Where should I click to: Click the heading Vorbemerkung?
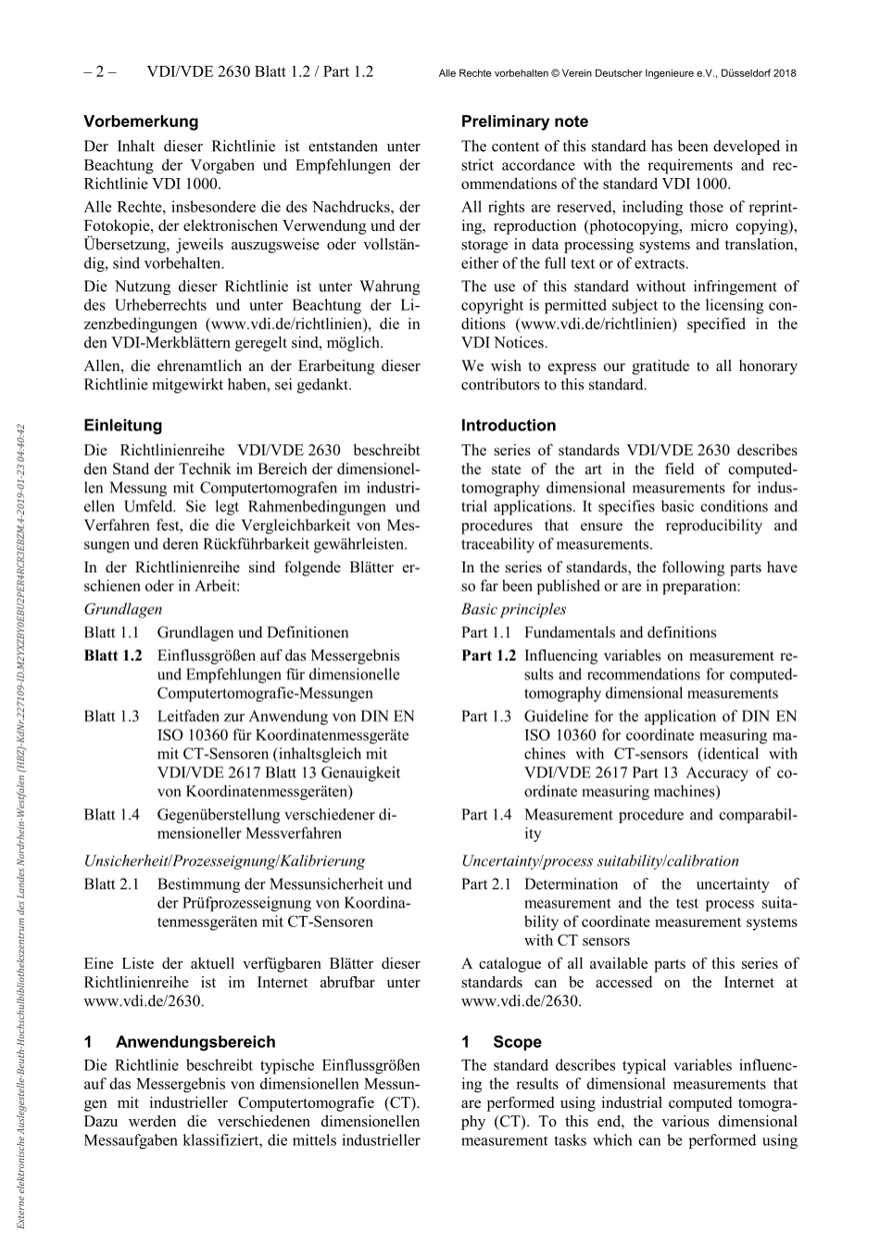141,121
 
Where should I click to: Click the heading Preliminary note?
524,121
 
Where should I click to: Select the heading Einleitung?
122,426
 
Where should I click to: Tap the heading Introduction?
509,426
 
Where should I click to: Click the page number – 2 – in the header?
98,72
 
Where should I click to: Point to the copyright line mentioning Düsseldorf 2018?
616,73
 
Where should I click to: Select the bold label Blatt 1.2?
113,655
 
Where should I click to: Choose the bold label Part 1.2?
488,655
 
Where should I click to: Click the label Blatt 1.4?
111,815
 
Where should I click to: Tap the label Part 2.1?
486,884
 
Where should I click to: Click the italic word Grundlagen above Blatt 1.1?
122,609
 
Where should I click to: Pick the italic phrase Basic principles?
513,609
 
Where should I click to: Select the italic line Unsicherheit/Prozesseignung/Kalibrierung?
224,860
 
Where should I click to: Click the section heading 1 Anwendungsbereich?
179,1042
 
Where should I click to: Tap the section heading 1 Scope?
501,1042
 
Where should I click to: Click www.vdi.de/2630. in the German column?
144,1001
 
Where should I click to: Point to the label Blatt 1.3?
111,717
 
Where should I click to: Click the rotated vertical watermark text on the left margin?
19,825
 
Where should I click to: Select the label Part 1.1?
486,632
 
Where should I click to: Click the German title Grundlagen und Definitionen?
253,632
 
